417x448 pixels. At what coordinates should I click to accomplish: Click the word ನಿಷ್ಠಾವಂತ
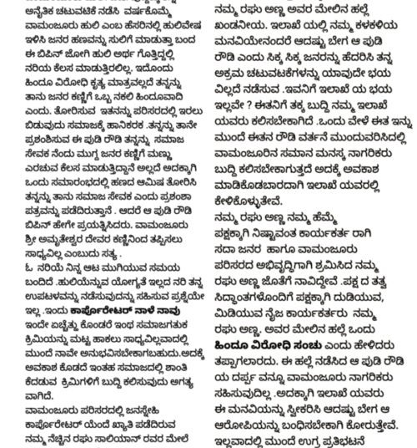pyautogui.click(x=274, y=235)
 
